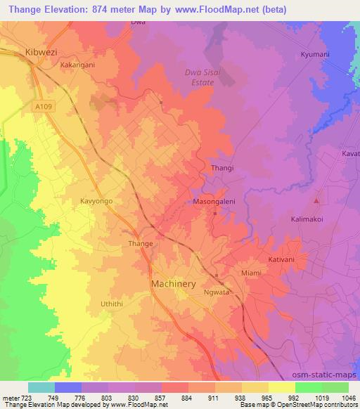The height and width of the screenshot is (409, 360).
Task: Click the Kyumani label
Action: (315, 54)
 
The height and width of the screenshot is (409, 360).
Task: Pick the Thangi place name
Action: (222, 169)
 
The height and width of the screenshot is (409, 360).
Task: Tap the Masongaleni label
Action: (213, 201)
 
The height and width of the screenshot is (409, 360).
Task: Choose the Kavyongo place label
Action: (97, 201)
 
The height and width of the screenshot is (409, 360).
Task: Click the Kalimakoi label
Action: (307, 219)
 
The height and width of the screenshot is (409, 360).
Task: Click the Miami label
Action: (251, 273)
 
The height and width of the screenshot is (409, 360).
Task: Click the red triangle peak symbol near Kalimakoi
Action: (317, 202)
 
